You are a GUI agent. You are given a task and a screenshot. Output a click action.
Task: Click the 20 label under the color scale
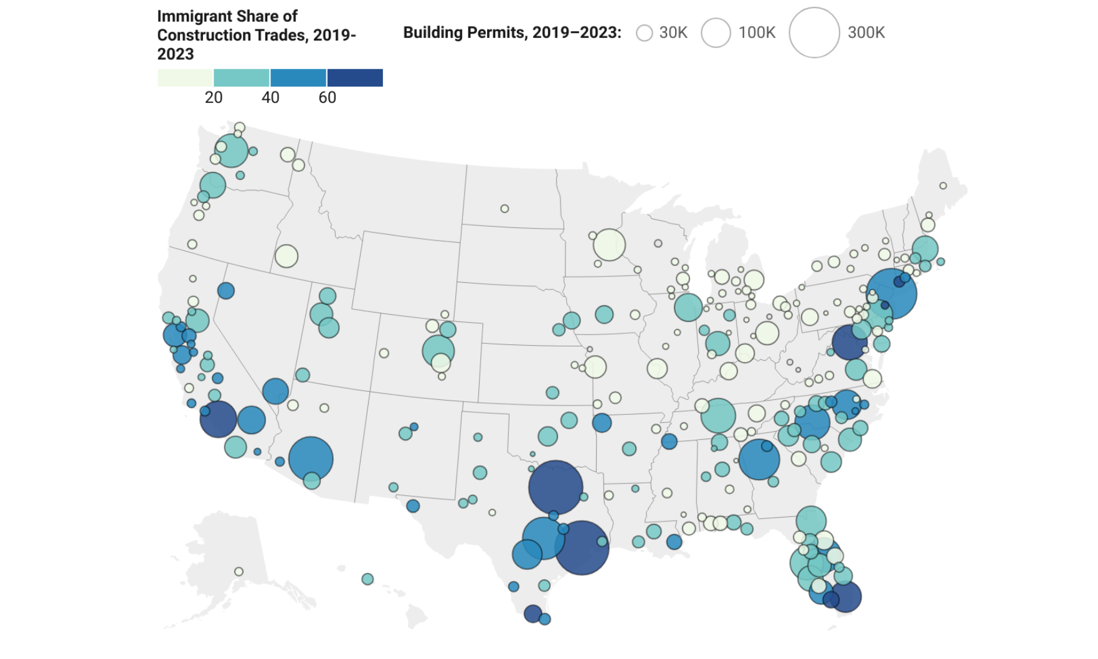(214, 98)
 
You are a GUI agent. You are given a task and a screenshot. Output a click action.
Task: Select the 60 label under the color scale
(327, 98)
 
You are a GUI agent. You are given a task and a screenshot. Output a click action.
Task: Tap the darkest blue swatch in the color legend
(355, 78)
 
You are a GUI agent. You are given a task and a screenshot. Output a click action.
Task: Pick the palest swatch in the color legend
(185, 78)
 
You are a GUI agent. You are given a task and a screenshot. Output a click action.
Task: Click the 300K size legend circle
(814, 33)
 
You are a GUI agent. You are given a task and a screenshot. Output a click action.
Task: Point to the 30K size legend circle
(644, 33)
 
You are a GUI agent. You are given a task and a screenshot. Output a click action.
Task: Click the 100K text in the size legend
(757, 33)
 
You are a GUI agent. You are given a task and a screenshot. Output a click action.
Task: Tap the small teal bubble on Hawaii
(367, 579)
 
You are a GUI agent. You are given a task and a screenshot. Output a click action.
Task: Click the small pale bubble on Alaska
(239, 572)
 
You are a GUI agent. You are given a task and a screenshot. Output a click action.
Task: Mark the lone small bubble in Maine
(943, 186)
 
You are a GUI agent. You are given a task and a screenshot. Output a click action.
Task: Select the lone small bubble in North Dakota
(504, 209)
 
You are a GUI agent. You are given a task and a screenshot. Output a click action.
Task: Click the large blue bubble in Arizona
(311, 459)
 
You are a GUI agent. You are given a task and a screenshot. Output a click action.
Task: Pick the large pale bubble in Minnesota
(609, 245)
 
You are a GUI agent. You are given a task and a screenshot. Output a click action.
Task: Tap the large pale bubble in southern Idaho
(286, 256)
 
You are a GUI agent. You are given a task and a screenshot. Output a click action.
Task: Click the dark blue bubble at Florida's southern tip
(846, 597)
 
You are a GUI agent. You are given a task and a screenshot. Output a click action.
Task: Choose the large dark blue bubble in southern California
(218, 419)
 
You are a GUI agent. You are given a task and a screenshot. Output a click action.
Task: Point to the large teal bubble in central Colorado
(438, 351)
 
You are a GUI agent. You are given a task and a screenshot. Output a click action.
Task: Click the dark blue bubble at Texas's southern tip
(532, 614)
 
